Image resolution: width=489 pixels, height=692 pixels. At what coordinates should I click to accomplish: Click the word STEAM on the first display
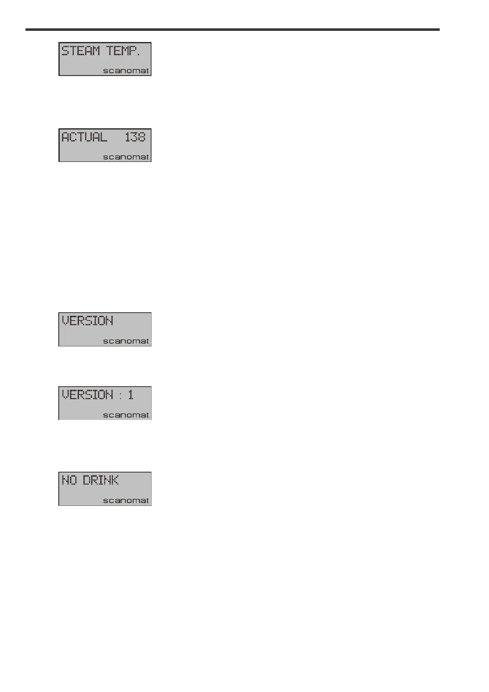coord(81,51)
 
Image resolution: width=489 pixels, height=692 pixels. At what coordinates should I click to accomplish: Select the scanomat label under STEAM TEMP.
coord(126,71)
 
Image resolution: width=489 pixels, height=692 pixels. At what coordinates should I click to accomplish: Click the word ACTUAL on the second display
coord(84,137)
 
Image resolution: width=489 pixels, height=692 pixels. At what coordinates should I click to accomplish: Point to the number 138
coord(135,137)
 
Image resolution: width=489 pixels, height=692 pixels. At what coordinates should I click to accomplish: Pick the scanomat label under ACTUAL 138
coord(126,157)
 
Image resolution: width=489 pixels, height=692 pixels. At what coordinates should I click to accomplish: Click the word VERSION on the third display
coord(88,321)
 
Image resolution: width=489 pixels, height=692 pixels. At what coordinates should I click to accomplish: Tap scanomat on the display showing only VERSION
coord(126,341)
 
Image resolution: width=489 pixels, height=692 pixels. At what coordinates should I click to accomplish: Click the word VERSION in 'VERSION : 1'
coord(88,395)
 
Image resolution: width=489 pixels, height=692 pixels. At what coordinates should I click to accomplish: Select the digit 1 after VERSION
coord(131,395)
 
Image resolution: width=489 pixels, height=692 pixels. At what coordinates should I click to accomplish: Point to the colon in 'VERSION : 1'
coord(120,395)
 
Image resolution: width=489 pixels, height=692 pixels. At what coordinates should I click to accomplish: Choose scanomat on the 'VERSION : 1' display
coord(126,415)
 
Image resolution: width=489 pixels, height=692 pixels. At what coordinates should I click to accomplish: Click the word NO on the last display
coord(69,480)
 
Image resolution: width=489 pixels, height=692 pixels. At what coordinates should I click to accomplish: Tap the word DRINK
coord(101,480)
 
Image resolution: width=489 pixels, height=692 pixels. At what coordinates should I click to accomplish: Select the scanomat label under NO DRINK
coord(126,501)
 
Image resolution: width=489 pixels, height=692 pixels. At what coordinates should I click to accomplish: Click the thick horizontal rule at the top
coord(233,30)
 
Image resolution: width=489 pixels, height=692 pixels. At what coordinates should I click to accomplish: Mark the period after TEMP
coord(138,55)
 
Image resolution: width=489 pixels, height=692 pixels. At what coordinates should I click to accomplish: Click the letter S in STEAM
coord(65,51)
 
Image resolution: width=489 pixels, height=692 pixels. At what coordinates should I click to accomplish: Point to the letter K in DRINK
coord(115,480)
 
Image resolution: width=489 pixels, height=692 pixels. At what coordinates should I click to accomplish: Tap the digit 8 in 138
coord(141,137)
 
